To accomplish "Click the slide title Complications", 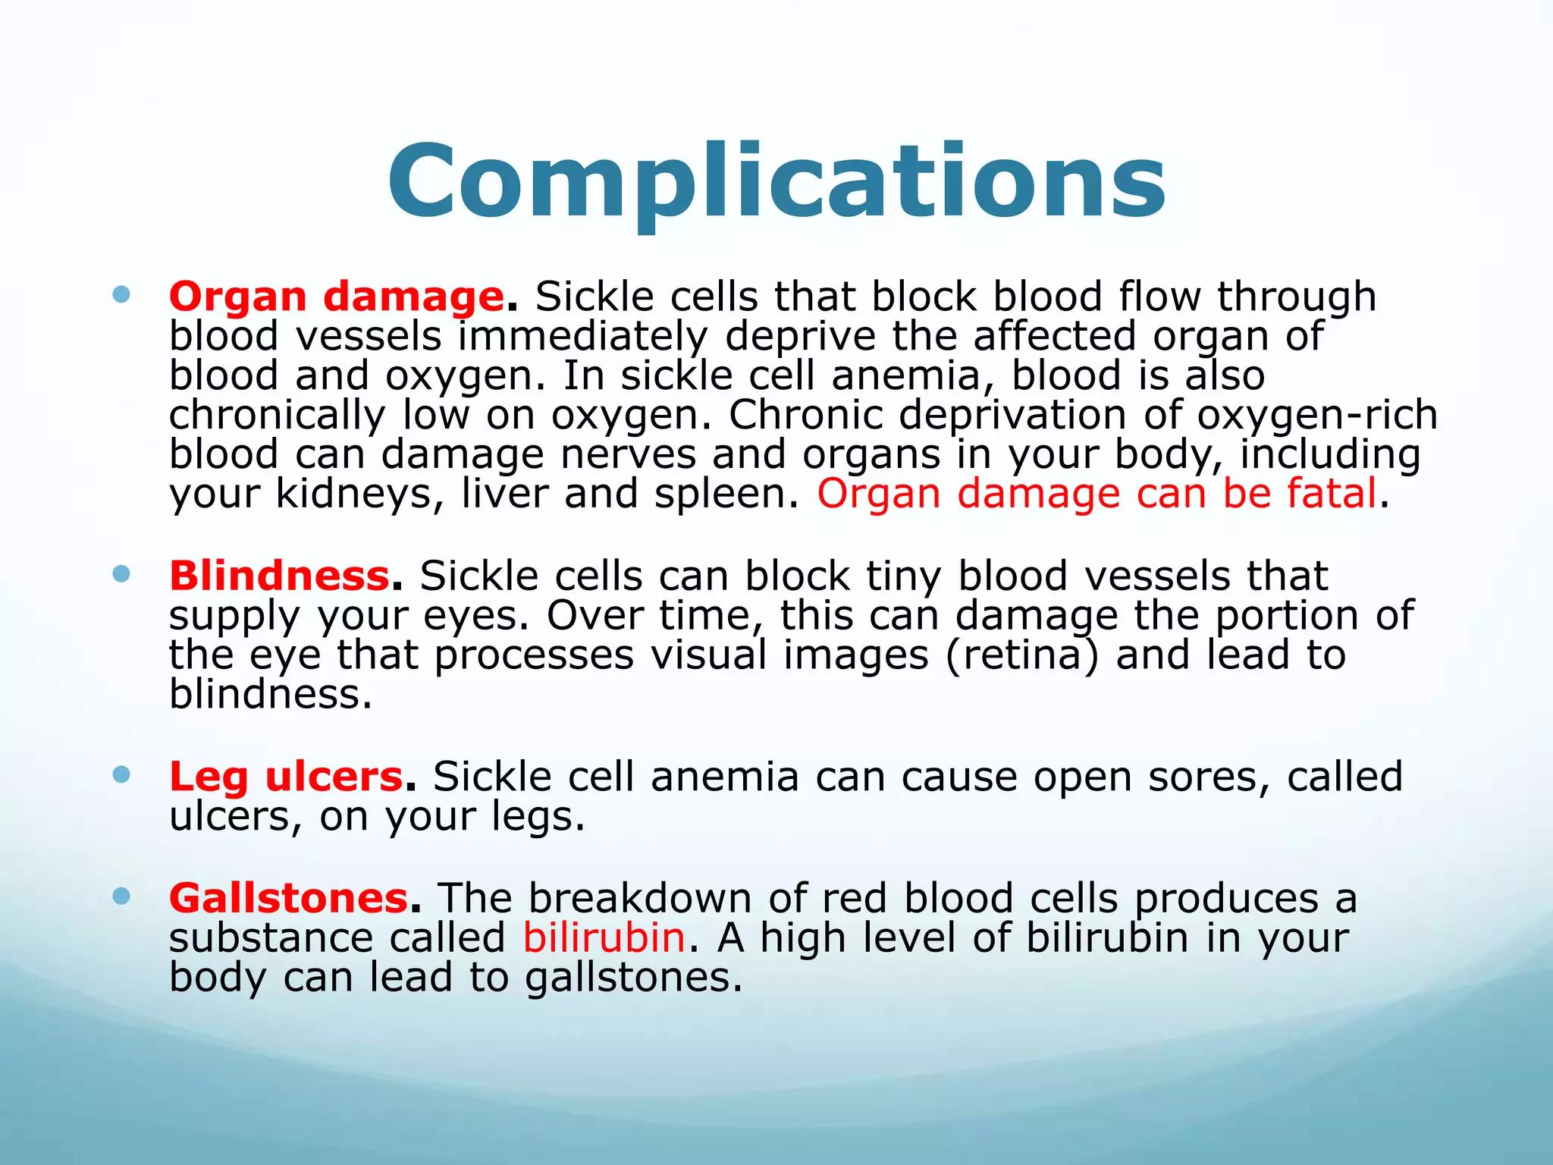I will point(776,182).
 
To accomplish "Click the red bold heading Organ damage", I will point(336,297).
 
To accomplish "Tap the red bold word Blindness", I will point(279,576).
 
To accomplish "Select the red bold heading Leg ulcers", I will point(286,777).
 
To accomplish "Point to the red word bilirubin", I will point(604,937).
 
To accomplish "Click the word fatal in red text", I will point(1332,494).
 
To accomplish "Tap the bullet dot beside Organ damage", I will point(121,294).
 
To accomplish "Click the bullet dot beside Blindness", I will point(121,573).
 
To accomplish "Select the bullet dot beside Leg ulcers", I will point(121,774).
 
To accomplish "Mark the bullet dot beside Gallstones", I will point(121,897).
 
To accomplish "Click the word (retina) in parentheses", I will point(1021,655).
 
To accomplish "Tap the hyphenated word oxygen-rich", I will point(1316,415).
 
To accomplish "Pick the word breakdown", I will point(640,899).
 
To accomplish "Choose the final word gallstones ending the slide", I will point(632,978).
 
